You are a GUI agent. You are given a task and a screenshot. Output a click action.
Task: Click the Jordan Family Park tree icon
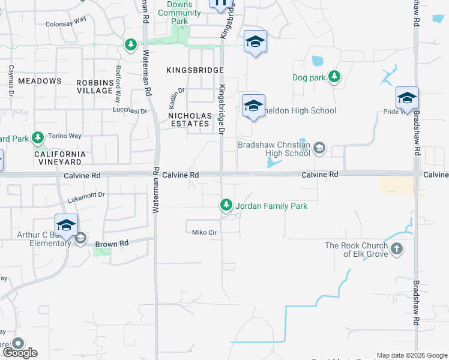pos(226,206)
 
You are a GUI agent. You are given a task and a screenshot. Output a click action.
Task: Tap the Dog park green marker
pos(334,77)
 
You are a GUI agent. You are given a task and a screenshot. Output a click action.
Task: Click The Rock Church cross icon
pos(396,249)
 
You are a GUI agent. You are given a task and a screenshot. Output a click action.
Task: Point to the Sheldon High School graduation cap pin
pos(253,106)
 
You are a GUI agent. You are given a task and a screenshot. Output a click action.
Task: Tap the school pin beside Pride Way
pos(407,98)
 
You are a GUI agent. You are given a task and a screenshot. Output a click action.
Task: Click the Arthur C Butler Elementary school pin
pos(66,226)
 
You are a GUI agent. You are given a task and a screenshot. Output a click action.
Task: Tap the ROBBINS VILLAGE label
pos(95,86)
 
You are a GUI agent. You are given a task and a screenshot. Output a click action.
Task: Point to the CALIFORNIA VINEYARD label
pos(59,158)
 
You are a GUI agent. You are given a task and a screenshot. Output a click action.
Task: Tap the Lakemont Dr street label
pos(86,194)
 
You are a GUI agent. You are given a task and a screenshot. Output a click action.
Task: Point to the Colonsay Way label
pos(65,25)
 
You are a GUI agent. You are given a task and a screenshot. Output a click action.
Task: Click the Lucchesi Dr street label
pos(130,111)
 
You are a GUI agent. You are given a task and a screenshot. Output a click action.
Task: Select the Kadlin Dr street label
pos(178,94)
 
